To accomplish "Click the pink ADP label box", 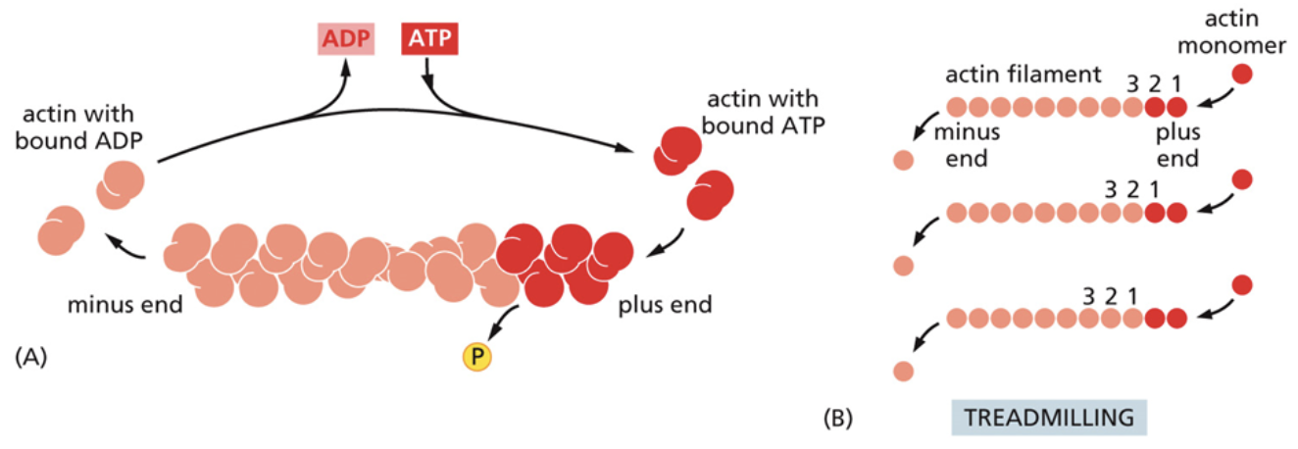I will [347, 41].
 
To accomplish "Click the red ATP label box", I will [429, 41].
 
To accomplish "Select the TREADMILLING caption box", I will [1049, 417].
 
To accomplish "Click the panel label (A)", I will [31, 358].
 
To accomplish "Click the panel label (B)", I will [839, 419].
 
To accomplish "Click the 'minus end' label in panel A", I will [125, 304].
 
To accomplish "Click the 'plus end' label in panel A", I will [665, 304].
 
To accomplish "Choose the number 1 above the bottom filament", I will [1132, 294].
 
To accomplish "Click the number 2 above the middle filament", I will [1132, 188].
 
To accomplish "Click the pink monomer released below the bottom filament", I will [903, 371].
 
